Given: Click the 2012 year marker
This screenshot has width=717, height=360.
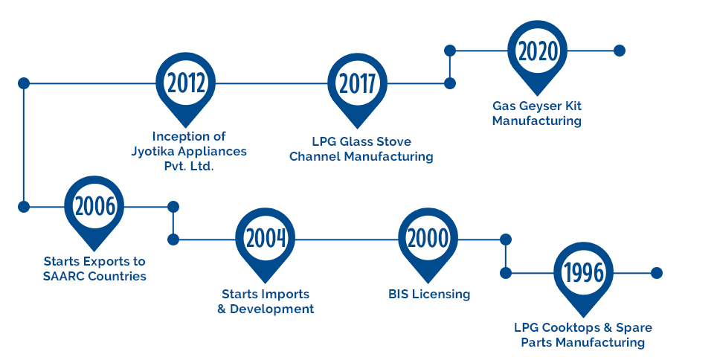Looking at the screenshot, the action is coord(185,84).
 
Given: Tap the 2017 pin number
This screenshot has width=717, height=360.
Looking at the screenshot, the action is coord(357,84).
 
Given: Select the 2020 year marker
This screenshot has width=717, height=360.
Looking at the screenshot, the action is coord(538,51).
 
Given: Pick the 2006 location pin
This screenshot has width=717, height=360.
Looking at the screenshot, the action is coord(94,208).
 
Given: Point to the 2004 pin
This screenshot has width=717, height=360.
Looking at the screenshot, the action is coord(266,240).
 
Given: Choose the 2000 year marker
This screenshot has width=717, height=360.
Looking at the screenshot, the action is coord(428,240).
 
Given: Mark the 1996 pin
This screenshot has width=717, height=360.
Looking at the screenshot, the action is coord(583,273).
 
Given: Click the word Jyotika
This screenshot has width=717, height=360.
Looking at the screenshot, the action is coord(152,152).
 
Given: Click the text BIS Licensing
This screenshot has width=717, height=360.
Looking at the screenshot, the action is coord(429,294).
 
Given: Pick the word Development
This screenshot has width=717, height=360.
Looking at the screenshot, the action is coord(271,309).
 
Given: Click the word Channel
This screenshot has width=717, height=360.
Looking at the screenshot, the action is coord(315,156).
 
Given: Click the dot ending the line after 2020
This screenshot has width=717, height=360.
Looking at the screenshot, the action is coord(619,51).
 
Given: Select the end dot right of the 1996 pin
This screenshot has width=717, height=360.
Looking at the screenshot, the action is coord(656,273).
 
